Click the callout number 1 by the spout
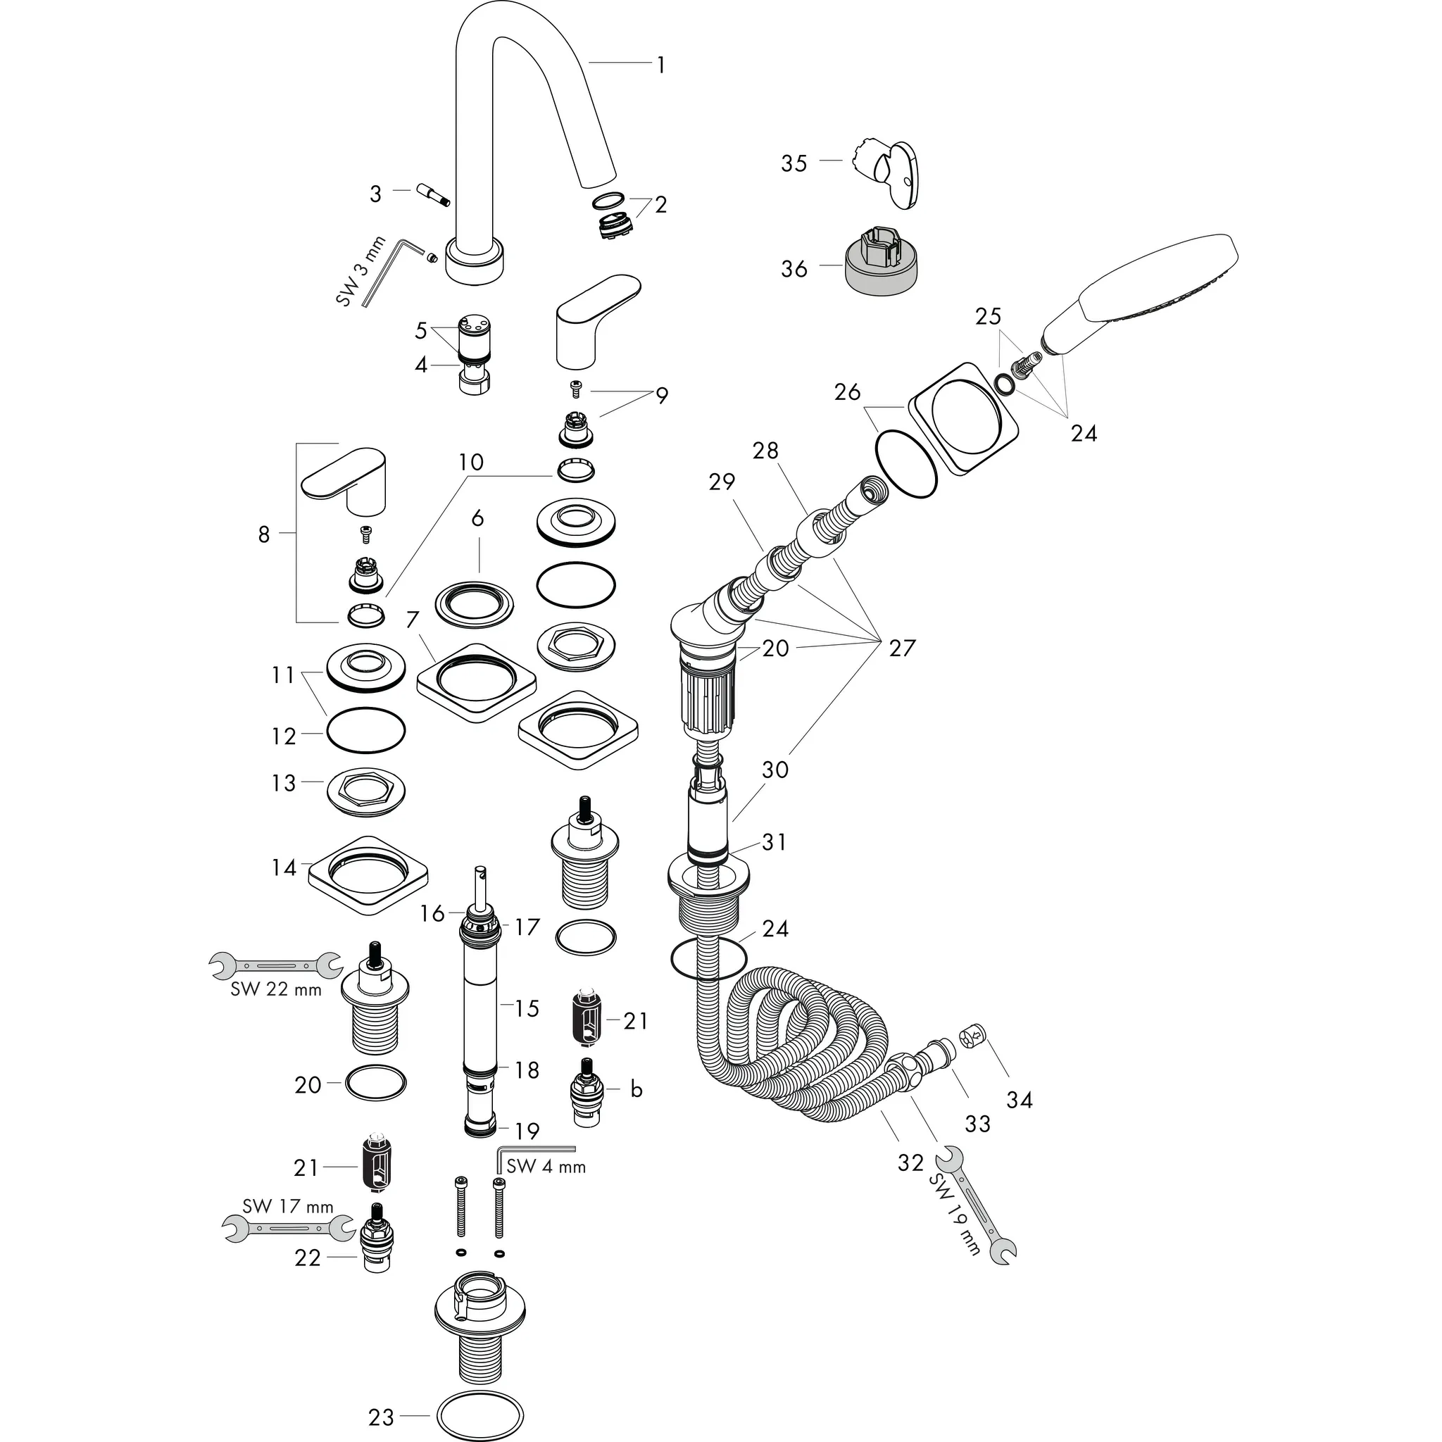click(x=660, y=65)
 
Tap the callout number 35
click(x=794, y=163)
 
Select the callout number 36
click(x=794, y=269)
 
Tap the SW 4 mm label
click(x=546, y=1167)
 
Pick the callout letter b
click(x=636, y=1090)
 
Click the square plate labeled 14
click(x=369, y=867)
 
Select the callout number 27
click(x=902, y=648)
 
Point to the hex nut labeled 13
click(x=365, y=790)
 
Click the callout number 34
click(x=1020, y=1099)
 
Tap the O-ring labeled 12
click(x=365, y=730)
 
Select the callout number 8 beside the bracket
click(x=263, y=534)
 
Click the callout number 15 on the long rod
click(x=527, y=1008)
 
